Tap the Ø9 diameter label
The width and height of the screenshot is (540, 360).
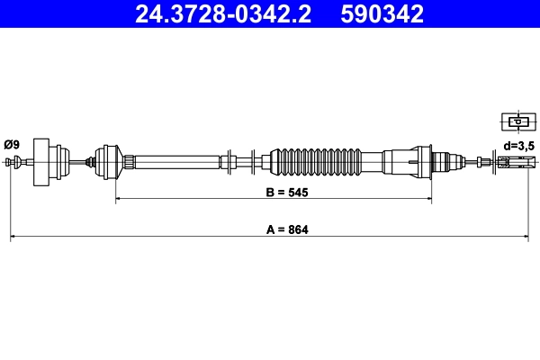(x=12, y=144)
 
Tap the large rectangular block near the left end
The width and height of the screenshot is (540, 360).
(x=40, y=162)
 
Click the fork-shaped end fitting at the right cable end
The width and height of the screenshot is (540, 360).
(x=513, y=162)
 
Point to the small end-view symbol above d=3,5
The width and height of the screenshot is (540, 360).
(x=517, y=121)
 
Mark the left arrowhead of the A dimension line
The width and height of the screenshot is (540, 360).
(x=13, y=238)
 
